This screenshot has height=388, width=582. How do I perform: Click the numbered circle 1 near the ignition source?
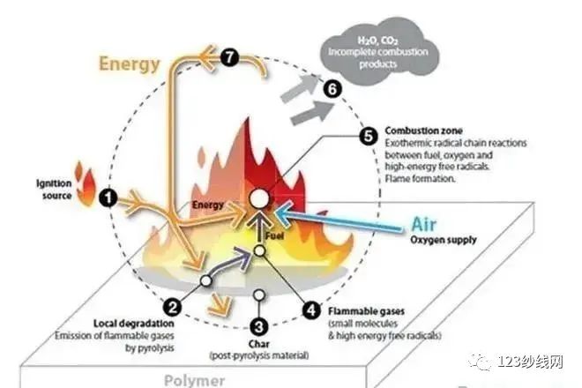tap(108, 198)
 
